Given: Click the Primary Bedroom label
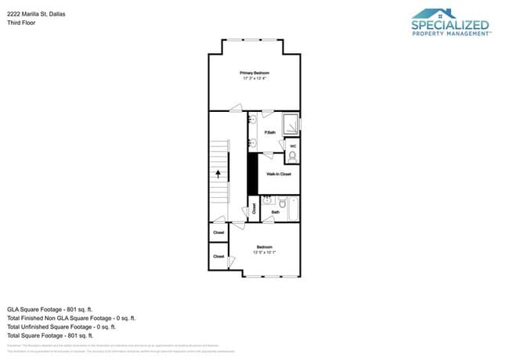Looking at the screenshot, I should tap(255, 73).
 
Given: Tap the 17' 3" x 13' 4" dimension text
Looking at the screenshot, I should tap(255, 78).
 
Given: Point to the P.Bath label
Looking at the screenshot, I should tap(269, 133).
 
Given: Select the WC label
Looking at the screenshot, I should tap(293, 146).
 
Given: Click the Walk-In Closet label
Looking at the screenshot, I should tap(278, 174).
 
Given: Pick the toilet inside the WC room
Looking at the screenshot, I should tap(293, 156).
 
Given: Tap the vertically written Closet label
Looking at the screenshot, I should tap(254, 208).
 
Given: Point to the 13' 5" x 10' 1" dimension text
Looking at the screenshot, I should tap(264, 252).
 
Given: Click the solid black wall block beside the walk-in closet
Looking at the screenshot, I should tap(252, 174).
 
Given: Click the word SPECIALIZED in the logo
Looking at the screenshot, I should tap(450, 26).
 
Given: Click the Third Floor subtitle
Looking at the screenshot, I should tap(22, 23).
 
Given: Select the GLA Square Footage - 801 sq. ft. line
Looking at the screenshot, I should tap(49, 309).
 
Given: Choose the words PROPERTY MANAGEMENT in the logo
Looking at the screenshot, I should tap(450, 34).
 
